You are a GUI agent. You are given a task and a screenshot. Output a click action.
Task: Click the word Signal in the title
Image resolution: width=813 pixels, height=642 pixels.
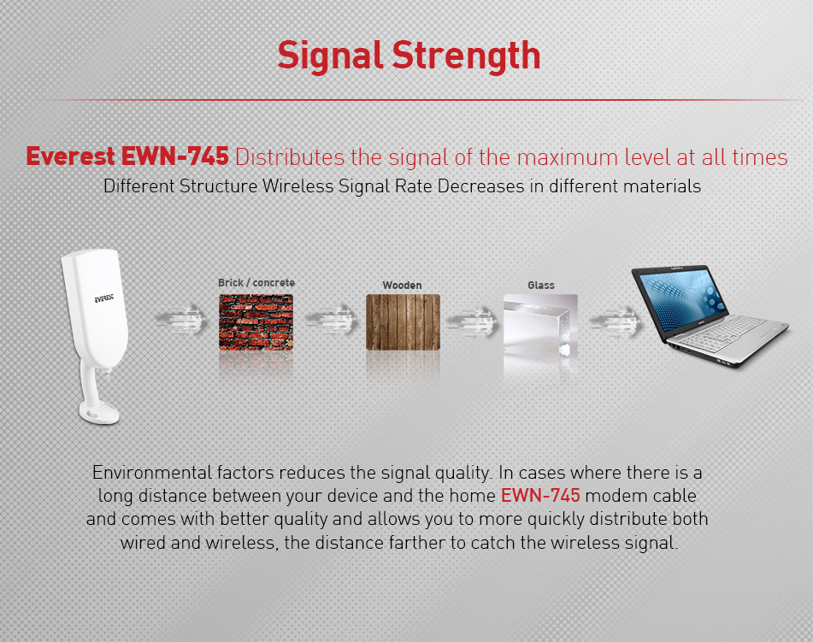click(330, 56)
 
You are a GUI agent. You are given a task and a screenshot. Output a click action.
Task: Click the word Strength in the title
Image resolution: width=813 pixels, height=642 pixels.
click(466, 56)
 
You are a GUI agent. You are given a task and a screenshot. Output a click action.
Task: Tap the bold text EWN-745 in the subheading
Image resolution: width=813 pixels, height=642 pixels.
click(174, 156)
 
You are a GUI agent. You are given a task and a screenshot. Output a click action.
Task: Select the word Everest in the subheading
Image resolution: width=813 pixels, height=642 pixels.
click(70, 156)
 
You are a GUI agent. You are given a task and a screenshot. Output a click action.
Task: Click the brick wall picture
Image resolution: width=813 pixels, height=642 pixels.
click(256, 322)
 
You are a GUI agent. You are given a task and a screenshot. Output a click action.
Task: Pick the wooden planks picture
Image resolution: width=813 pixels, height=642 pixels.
click(403, 322)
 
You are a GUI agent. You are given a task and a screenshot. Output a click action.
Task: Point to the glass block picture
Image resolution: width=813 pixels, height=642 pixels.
click(540, 326)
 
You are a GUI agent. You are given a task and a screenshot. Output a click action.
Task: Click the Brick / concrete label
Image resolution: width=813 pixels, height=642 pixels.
click(256, 283)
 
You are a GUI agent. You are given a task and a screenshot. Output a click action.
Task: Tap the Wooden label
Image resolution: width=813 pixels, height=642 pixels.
click(402, 286)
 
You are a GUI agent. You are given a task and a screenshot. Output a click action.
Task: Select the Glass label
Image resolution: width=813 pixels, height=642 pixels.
click(541, 286)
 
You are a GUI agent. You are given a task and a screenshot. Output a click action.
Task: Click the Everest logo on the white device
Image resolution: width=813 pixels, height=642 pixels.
click(103, 298)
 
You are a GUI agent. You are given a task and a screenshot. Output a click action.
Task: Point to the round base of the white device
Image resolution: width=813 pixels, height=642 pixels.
click(99, 414)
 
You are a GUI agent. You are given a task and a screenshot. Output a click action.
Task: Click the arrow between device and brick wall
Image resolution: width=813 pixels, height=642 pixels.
click(180, 319)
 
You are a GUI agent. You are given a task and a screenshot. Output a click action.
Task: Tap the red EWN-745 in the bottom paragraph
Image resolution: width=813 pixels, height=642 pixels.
click(540, 496)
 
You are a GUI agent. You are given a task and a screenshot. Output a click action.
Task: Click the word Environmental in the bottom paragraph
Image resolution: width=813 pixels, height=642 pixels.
click(152, 473)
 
